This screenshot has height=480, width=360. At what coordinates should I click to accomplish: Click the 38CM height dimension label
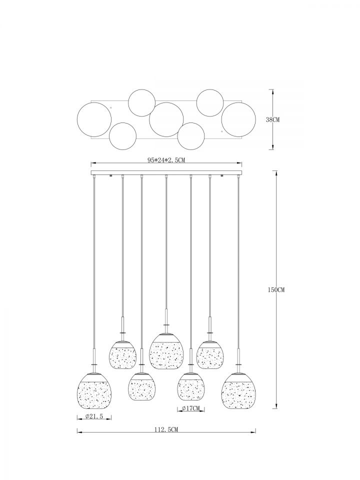[272, 119]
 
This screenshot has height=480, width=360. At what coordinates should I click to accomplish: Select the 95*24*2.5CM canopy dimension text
[166, 160]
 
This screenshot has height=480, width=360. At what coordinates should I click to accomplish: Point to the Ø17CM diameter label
[190, 408]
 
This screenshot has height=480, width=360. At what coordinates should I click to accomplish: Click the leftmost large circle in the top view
[94, 119]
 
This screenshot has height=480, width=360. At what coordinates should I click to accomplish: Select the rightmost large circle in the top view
[238, 119]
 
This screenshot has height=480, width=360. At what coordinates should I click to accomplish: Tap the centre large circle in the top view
[166, 119]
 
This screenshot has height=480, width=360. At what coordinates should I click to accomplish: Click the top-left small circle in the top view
[141, 102]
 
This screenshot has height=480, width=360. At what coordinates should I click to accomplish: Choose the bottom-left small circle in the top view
[123, 135]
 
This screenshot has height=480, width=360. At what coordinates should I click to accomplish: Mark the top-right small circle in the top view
[209, 102]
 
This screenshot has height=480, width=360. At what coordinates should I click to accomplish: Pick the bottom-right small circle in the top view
[191, 135]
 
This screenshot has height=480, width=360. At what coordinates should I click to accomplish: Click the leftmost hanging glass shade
[94, 391]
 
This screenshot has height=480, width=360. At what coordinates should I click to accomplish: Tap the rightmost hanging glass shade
[238, 391]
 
